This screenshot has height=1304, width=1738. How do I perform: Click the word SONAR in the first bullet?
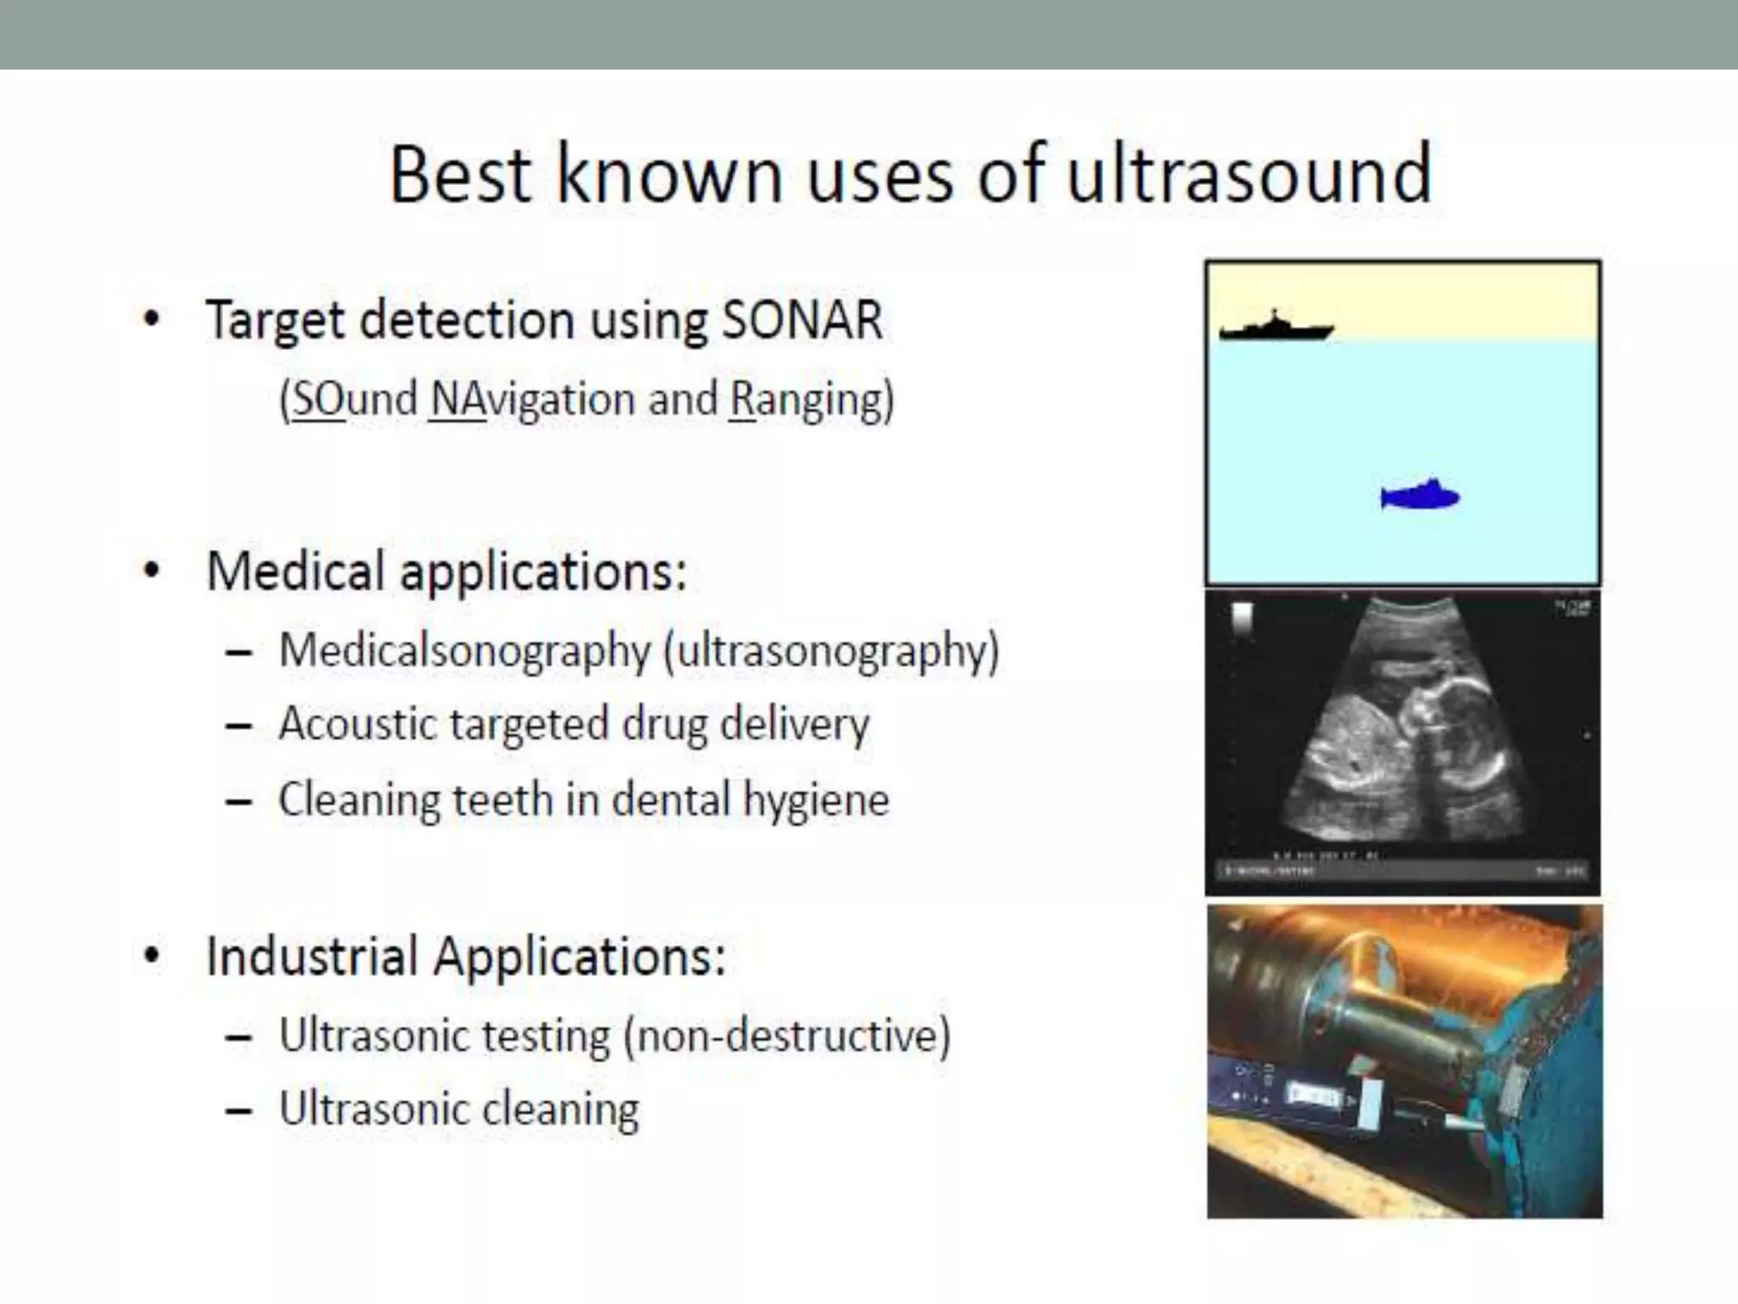click(802, 321)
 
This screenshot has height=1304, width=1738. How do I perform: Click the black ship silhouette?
click(1275, 328)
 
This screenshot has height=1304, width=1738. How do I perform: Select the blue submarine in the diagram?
click(1421, 495)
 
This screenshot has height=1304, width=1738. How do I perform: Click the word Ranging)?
click(811, 399)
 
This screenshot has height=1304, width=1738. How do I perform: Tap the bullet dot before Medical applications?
click(152, 570)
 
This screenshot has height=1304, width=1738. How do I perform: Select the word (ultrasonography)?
click(832, 651)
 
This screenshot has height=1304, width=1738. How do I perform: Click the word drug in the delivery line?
click(664, 725)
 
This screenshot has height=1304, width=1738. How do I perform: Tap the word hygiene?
click(816, 800)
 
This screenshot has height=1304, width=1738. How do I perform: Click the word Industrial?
click(311, 956)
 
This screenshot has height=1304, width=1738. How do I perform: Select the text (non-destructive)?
click(787, 1036)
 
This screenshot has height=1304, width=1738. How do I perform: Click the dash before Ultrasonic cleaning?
click(239, 1110)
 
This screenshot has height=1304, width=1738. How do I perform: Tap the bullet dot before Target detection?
click(152, 320)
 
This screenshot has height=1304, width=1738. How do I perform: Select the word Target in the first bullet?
click(276, 321)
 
